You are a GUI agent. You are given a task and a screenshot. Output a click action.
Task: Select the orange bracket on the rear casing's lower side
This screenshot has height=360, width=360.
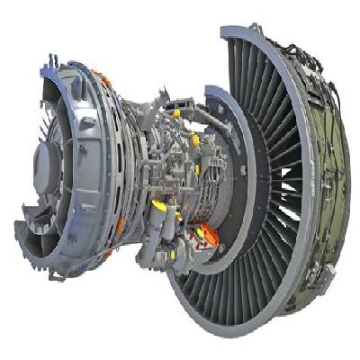click(x=120, y=225)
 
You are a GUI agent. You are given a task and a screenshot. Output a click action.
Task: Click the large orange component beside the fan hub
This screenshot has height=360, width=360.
click(x=206, y=236)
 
